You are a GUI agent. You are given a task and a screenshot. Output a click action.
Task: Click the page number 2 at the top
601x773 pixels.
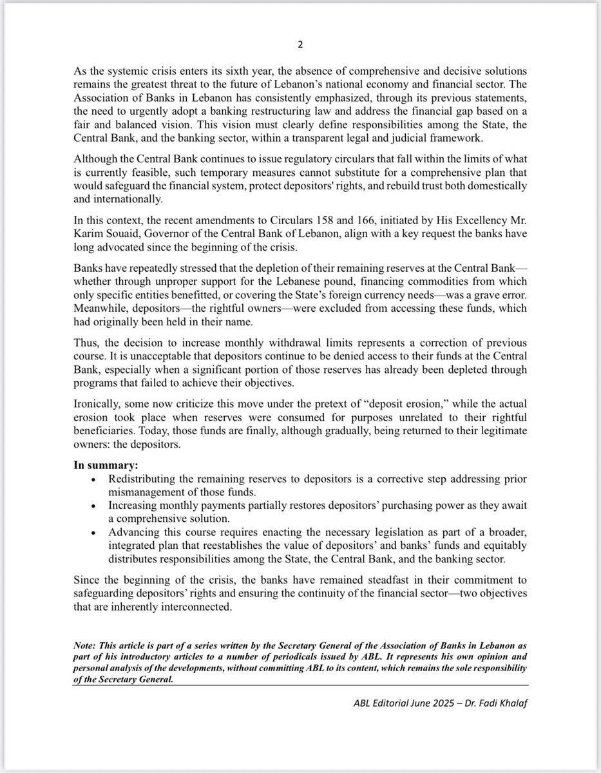coord(300,46)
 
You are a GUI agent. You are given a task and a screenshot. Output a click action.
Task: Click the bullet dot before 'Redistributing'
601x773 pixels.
coord(95,480)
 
